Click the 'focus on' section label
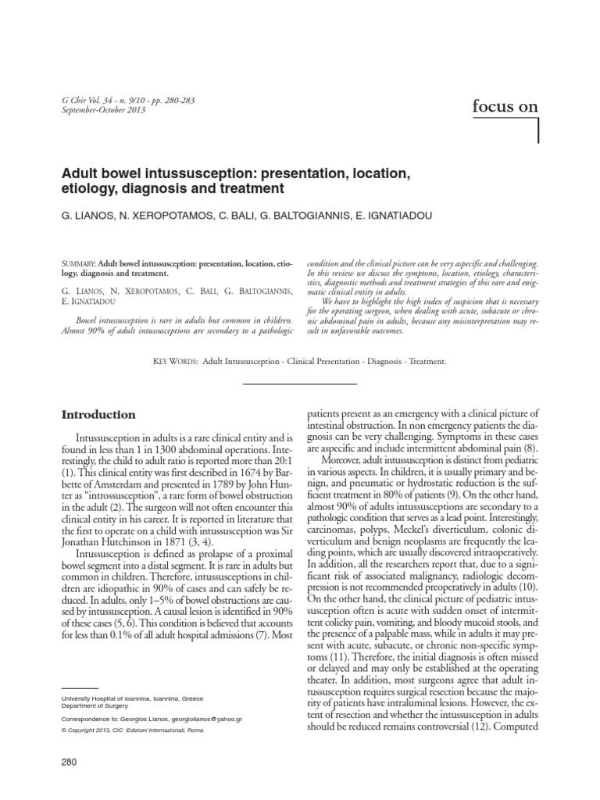click(505, 107)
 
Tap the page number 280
click(70, 761)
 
